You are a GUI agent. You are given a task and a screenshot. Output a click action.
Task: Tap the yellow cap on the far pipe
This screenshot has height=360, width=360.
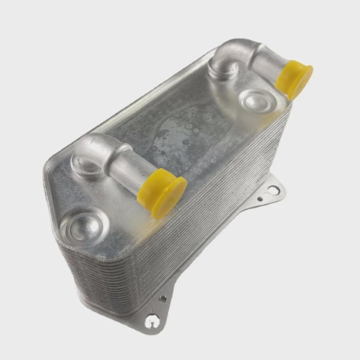pyautogui.click(x=294, y=79)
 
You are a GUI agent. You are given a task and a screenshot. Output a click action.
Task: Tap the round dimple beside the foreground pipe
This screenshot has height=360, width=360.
pyautogui.click(x=83, y=226)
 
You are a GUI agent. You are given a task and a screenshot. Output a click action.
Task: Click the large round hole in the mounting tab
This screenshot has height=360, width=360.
pyautogui.click(x=274, y=190)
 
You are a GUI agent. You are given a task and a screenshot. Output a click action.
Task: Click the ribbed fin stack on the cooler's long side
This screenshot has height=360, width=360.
pyautogui.click(x=206, y=226)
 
